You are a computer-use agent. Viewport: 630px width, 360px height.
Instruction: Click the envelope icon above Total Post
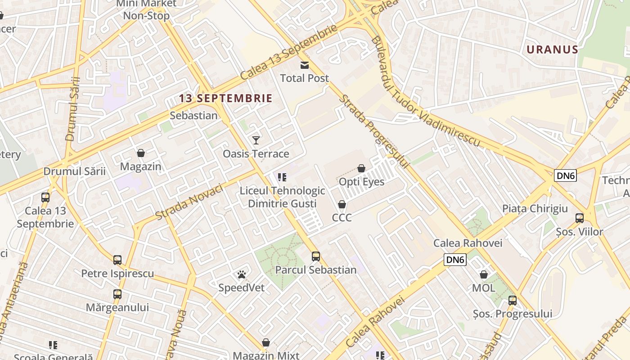305,65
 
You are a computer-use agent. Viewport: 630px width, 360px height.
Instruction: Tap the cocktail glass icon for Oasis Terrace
256,140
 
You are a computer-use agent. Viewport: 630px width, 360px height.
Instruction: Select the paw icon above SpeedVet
242,274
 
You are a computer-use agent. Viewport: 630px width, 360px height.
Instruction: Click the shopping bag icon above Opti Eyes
361,168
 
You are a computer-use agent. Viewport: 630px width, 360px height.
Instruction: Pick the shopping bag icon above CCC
342,204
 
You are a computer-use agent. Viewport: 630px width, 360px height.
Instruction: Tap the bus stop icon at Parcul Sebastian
316,256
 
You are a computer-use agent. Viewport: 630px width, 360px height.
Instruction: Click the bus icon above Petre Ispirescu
117,260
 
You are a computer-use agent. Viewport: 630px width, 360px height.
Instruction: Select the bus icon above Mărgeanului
117,294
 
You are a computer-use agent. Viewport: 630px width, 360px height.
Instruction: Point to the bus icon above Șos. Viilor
580,218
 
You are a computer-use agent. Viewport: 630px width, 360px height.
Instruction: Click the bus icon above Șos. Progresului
513,300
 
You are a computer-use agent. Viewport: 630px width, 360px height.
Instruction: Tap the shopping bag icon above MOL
484,274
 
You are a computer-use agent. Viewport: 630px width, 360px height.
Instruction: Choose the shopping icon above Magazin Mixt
266,342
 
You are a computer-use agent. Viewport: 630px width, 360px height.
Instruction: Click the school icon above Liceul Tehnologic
282,177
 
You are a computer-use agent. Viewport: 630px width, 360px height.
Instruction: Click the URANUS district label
552,49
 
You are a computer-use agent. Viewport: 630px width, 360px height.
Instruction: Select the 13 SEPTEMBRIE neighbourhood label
226,98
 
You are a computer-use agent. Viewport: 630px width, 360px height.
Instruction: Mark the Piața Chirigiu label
535,209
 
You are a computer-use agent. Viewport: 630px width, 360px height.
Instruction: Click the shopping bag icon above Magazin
141,153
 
